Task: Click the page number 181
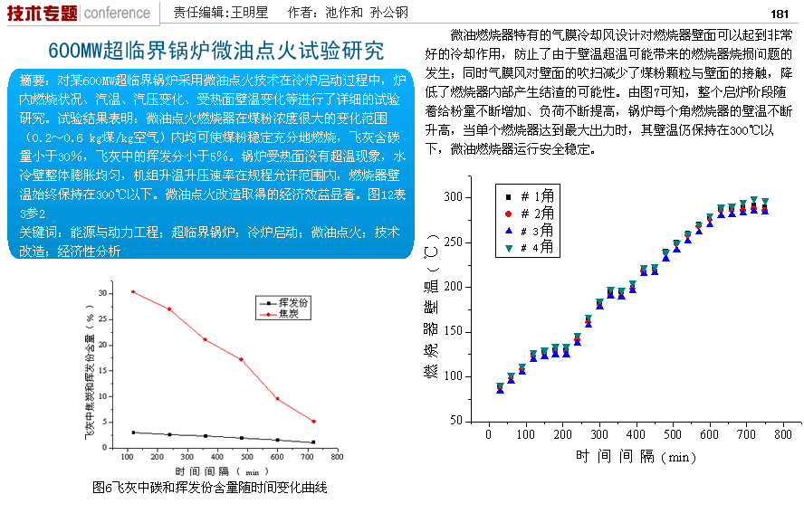click(x=780, y=14)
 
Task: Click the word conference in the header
click(x=117, y=13)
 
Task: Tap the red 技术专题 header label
click(x=42, y=13)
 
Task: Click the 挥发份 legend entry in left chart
click(x=289, y=303)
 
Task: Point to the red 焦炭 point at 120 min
click(x=133, y=291)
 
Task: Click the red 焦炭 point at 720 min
click(x=313, y=421)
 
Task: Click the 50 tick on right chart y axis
click(x=456, y=422)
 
